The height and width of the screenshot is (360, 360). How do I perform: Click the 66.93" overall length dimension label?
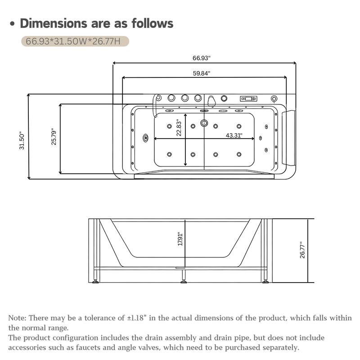(202, 58)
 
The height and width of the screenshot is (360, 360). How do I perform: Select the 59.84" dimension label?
(202, 73)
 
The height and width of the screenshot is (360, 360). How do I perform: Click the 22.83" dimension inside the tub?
(179, 128)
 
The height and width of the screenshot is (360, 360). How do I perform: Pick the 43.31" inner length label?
(234, 135)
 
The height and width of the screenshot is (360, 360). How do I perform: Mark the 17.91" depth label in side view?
(180, 238)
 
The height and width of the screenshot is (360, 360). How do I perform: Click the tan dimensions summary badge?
(75, 41)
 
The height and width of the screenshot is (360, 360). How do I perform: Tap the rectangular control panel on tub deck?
(248, 98)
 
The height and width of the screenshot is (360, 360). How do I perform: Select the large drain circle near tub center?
(204, 122)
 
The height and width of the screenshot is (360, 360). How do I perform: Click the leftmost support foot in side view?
(95, 282)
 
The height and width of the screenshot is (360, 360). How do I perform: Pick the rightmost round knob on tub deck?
(274, 99)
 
